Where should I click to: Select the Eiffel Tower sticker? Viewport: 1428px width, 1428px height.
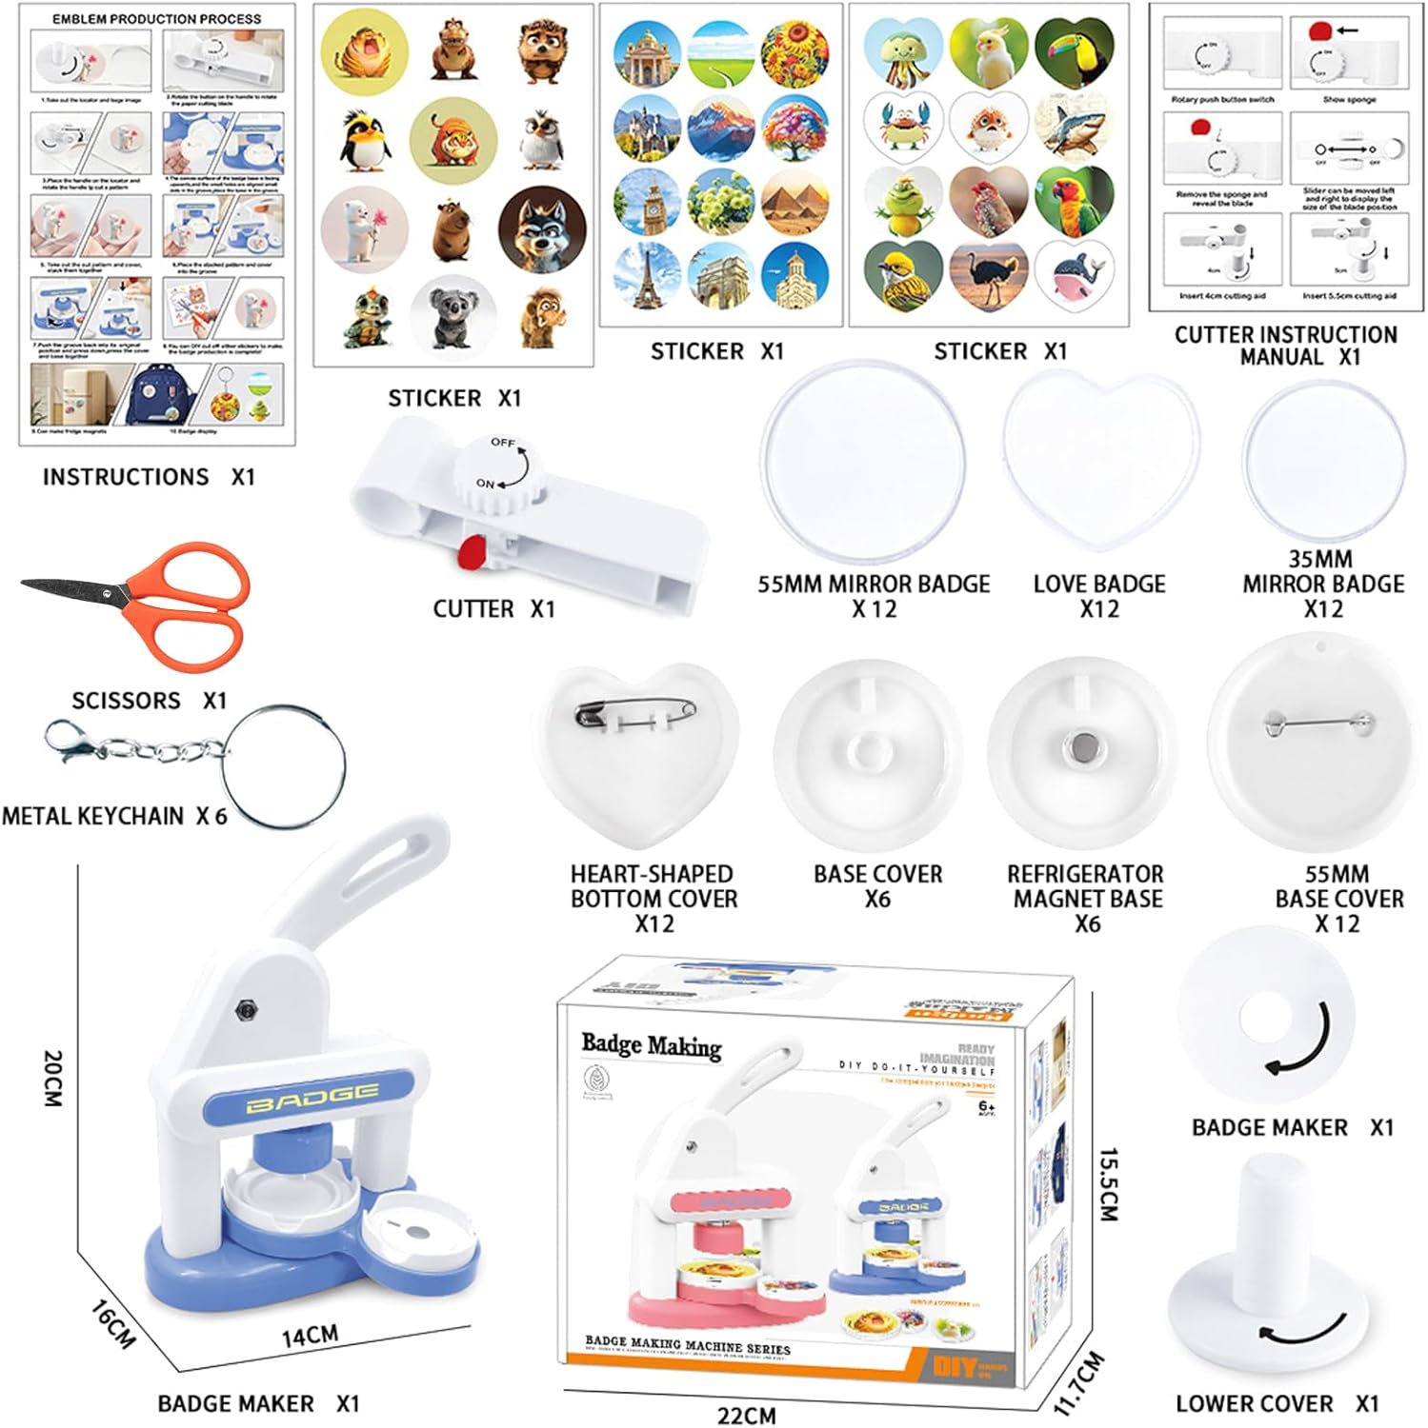[647, 276]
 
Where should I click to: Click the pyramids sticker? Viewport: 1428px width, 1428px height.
[794, 201]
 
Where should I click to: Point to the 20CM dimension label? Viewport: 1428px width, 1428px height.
[53, 1078]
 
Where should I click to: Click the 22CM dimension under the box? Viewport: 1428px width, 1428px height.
[746, 1415]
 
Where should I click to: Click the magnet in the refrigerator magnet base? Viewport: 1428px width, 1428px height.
[1080, 748]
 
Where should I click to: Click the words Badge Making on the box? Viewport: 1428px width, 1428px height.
[652, 1045]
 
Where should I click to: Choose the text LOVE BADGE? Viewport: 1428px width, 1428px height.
[1098, 584]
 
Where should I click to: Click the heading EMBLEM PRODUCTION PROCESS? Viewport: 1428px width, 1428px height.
[156, 19]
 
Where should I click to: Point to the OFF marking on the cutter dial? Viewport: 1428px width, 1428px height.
[503, 443]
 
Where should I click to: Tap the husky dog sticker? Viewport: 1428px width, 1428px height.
[542, 229]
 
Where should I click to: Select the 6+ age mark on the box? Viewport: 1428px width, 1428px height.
[987, 1106]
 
